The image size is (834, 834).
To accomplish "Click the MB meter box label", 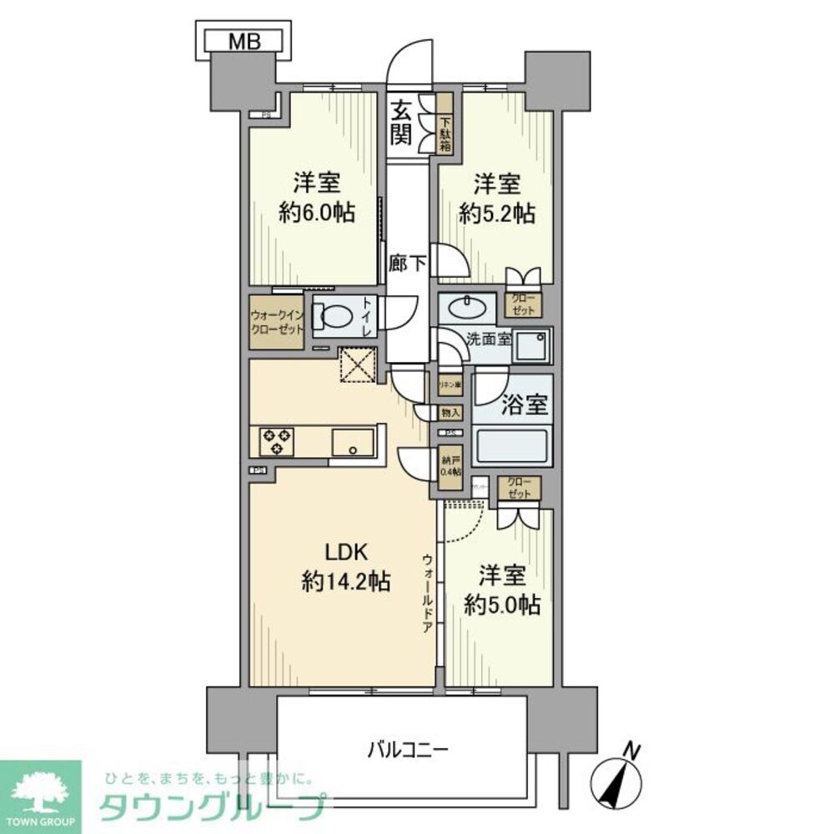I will (x=244, y=40).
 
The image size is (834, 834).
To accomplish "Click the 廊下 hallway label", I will (x=408, y=264).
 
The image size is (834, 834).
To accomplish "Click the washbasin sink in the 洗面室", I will (x=466, y=308).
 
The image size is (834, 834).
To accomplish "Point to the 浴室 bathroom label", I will (x=525, y=405).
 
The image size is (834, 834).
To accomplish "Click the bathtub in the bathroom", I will (x=511, y=446).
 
